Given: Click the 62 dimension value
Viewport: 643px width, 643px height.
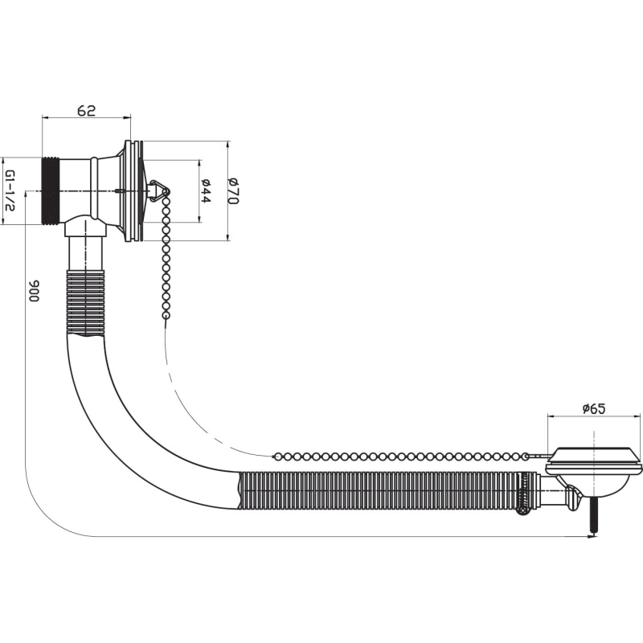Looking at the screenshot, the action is (x=87, y=110).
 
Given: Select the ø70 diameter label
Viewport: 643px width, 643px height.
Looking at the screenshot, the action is (x=233, y=191).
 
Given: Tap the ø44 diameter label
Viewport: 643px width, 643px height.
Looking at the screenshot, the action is (x=206, y=191).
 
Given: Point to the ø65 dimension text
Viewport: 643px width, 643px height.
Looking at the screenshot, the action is (x=594, y=408).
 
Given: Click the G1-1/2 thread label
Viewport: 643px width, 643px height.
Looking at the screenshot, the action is (x=10, y=190).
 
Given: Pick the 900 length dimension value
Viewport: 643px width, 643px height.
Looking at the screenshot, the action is (x=34, y=291).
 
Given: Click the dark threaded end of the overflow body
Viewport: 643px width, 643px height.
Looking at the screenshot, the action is (x=51, y=190).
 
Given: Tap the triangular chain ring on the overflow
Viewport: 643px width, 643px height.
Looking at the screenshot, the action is (x=158, y=191).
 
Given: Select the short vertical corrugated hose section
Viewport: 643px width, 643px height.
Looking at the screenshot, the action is (x=86, y=302).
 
